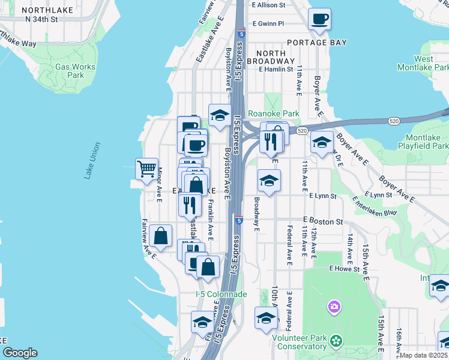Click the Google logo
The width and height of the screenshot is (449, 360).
click(20, 353)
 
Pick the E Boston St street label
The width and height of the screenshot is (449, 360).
click(322, 221)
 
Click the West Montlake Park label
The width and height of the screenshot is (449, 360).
click(423, 63)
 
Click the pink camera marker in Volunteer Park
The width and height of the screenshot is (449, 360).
click(334, 308)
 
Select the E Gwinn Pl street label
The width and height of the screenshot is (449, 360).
click(268, 24)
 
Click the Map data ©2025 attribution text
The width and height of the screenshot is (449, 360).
click(424, 355)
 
